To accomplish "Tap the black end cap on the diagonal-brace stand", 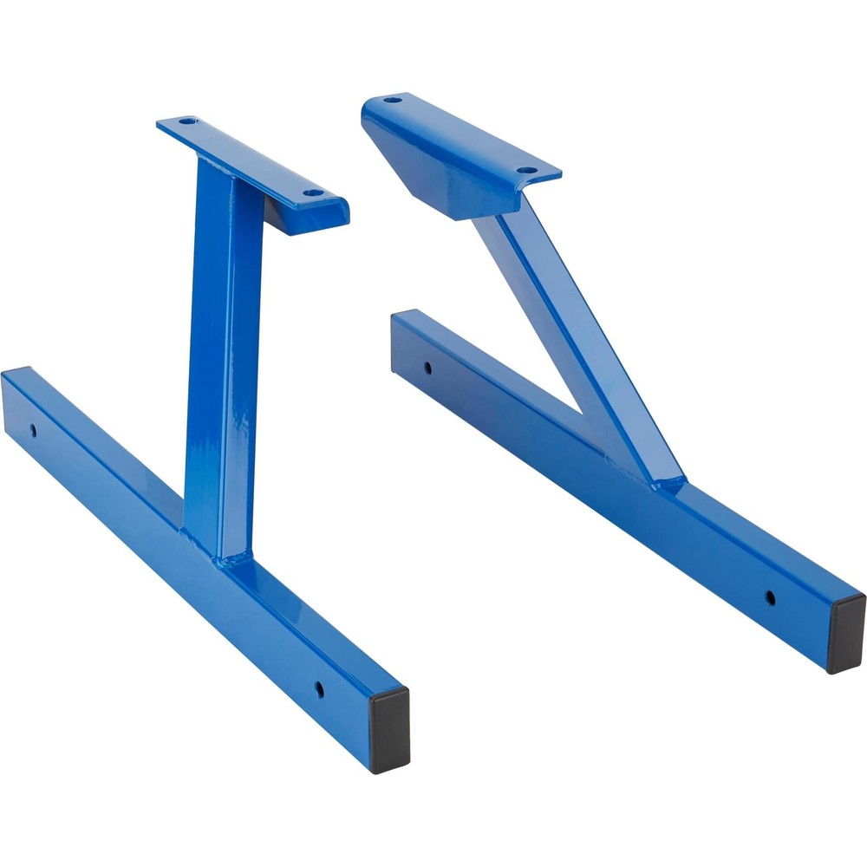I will point(845,634).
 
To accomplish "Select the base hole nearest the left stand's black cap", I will point(319,689).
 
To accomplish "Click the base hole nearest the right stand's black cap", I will point(769,596).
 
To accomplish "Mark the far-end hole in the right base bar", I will point(427,367).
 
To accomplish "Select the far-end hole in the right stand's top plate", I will point(393,100).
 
